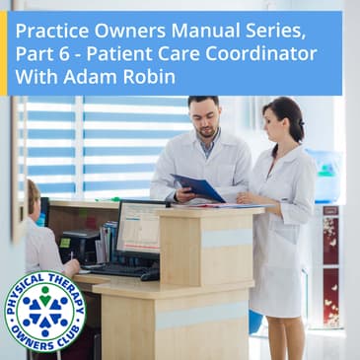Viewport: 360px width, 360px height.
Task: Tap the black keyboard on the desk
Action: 118,268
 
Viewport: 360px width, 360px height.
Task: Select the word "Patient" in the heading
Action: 126,50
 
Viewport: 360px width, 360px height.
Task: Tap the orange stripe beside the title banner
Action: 3,53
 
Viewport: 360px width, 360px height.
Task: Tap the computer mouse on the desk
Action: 149,275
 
